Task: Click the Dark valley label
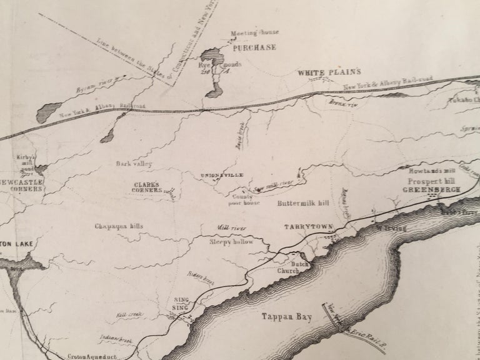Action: [134, 164]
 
